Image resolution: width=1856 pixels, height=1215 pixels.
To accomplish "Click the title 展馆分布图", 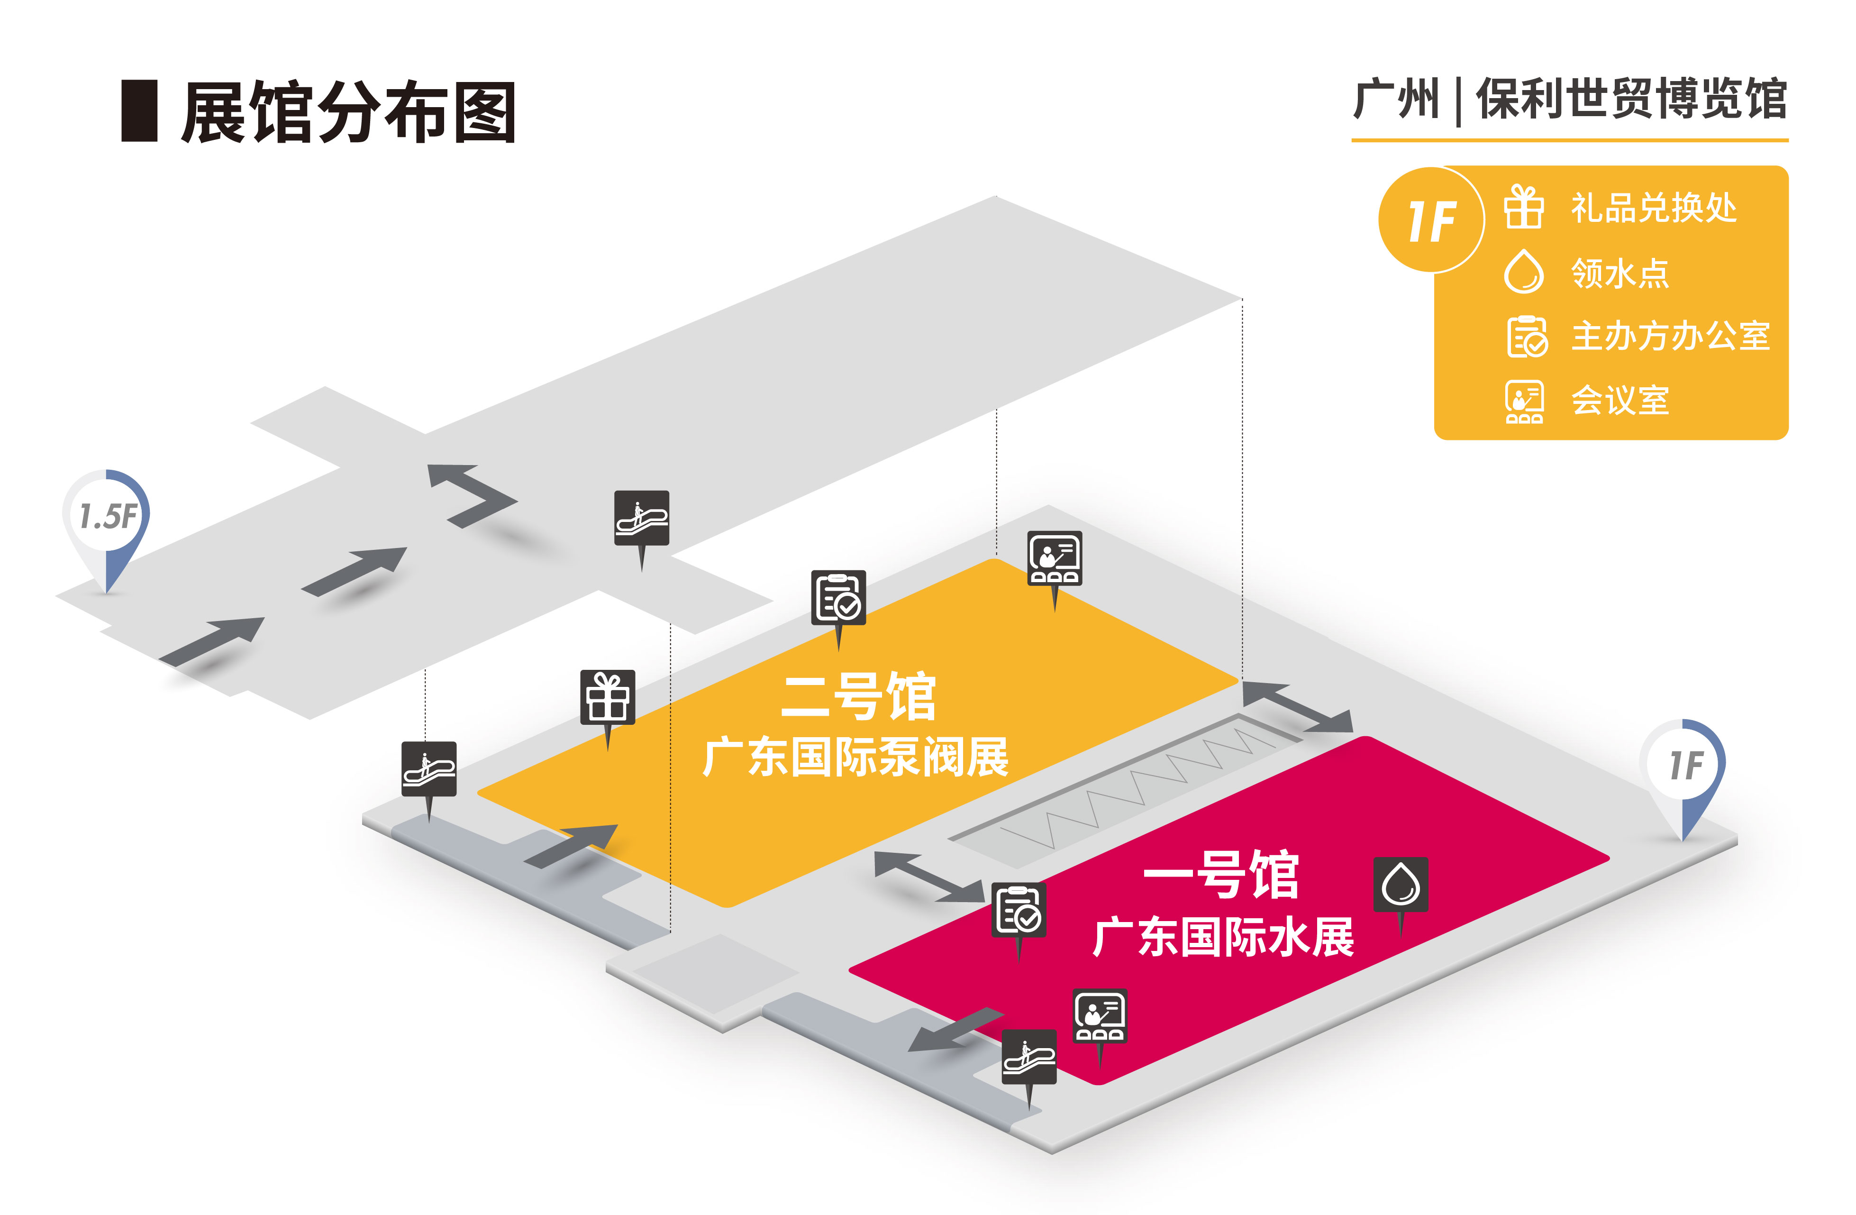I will click(x=348, y=113).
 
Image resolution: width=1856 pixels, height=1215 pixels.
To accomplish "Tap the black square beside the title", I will click(x=140, y=111).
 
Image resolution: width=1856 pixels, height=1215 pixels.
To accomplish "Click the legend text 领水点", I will click(x=1619, y=273).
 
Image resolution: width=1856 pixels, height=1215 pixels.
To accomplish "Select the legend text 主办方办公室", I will click(x=1670, y=336).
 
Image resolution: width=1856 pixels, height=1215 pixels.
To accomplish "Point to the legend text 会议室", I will click(x=1619, y=400).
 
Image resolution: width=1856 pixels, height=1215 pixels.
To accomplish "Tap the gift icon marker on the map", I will click(x=608, y=697).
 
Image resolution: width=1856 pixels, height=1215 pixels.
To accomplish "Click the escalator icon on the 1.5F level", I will click(x=641, y=517).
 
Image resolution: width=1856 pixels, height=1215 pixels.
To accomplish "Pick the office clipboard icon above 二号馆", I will click(x=838, y=597).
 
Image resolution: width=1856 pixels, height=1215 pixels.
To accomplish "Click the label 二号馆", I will click(x=858, y=696).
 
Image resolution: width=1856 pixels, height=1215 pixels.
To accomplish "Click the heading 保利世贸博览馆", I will click(x=1630, y=100).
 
